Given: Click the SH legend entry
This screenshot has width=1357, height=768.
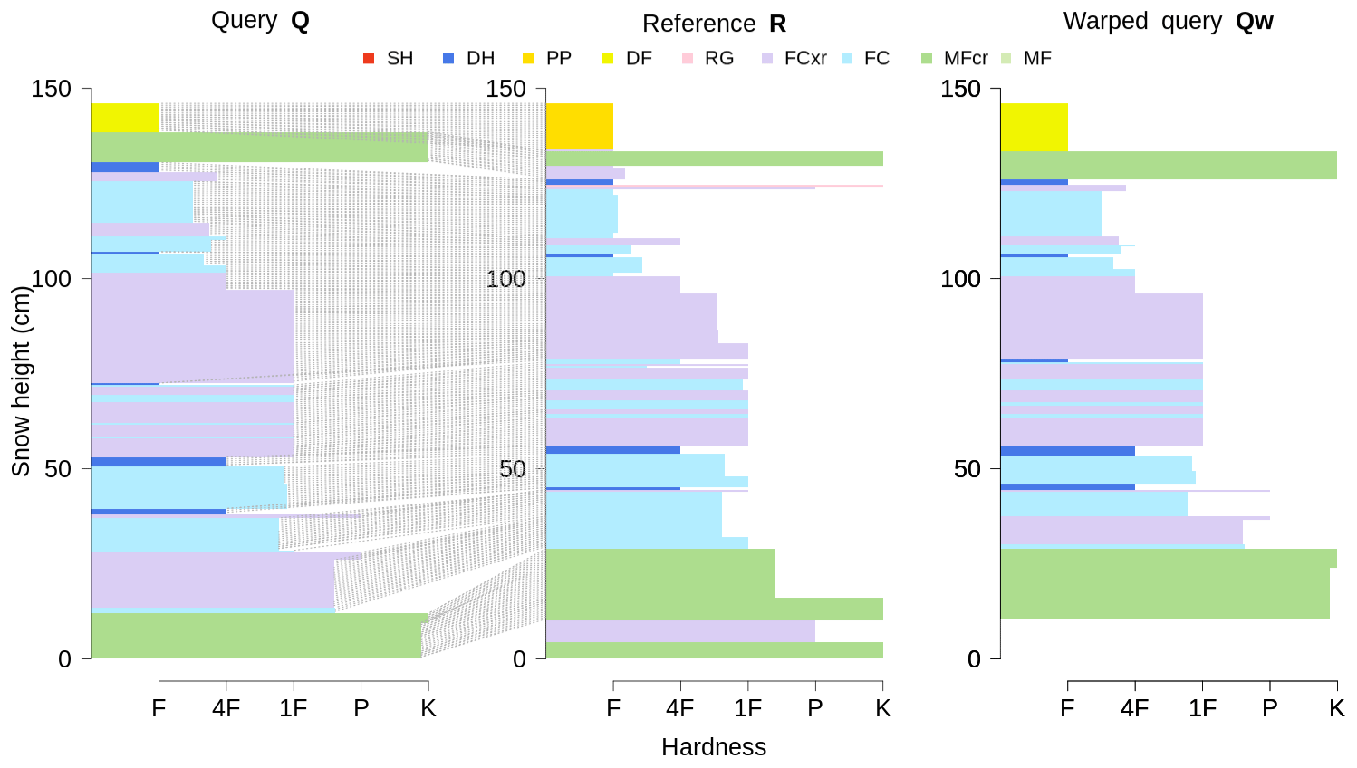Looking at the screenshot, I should click(389, 59).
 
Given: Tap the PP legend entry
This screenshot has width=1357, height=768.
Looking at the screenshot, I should click(548, 59).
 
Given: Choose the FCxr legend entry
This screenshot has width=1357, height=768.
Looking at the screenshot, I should click(794, 59).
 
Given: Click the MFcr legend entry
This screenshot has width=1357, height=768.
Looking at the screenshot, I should click(955, 59).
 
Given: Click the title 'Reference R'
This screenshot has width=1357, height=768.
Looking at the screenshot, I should click(714, 24).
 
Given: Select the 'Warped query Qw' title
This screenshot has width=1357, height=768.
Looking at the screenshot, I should click(1168, 22).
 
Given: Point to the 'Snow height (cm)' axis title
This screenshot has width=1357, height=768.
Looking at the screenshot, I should click(21, 380).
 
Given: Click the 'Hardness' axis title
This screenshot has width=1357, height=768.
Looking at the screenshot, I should click(714, 747).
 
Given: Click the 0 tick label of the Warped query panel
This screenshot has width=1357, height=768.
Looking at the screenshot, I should click(974, 659).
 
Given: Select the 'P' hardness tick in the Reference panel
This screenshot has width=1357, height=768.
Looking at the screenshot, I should click(815, 708).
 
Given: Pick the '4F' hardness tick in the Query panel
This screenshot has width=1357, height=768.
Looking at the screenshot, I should click(226, 708).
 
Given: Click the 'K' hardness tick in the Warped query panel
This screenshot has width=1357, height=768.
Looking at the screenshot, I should click(1337, 708).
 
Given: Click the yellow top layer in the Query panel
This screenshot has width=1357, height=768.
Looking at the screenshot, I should click(125, 117).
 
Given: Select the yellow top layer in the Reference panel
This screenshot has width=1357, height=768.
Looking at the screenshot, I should click(580, 126).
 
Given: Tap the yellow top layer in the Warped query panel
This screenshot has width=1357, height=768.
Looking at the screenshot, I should click(1034, 126).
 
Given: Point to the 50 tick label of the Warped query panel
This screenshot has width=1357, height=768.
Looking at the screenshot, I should click(967, 469).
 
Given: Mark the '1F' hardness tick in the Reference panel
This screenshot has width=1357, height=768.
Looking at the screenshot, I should click(747, 708).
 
